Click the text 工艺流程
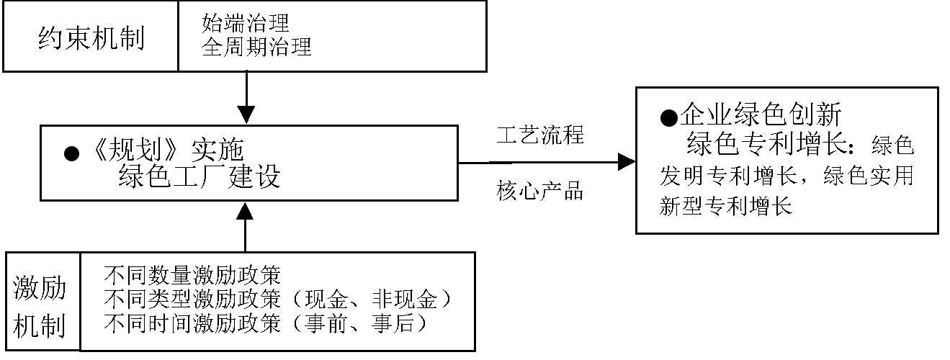click(x=540, y=135)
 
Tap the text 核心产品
click(x=540, y=192)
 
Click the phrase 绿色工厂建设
click(x=199, y=176)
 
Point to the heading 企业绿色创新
click(x=761, y=115)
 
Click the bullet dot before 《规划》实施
click(x=71, y=154)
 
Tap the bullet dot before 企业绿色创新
click(x=669, y=117)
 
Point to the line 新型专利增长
click(x=726, y=207)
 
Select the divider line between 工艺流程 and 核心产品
click(x=544, y=162)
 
